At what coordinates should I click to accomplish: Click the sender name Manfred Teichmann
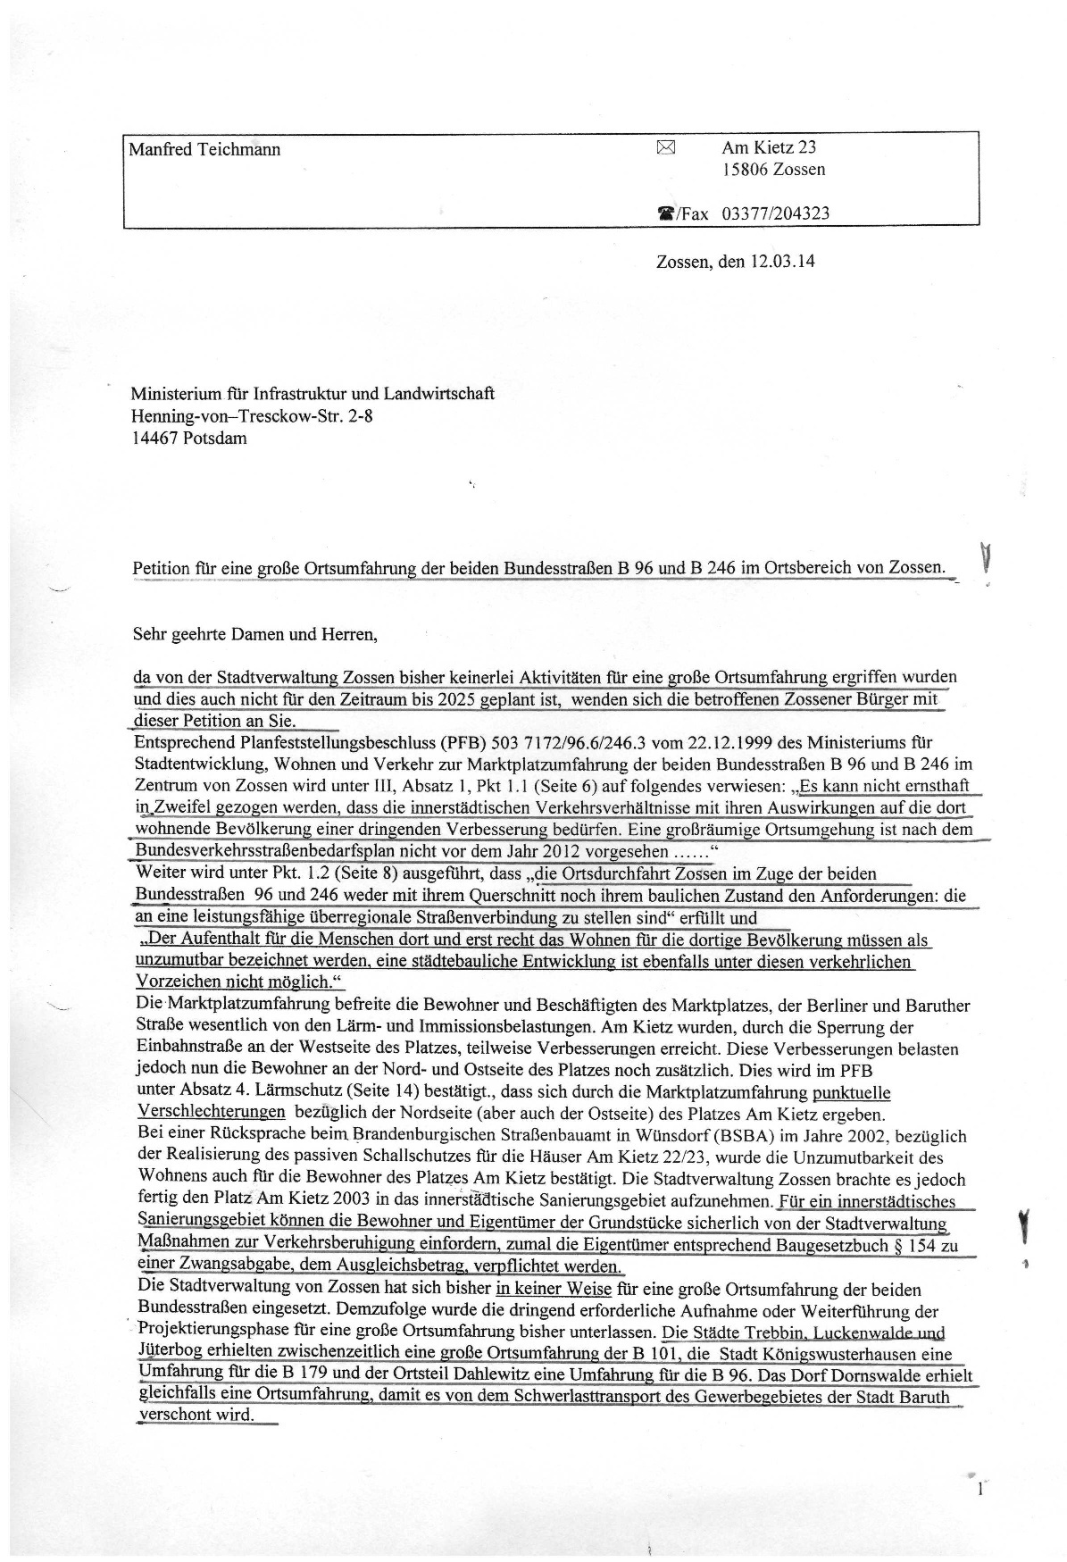[204, 149]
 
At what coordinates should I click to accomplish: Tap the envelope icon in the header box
[666, 147]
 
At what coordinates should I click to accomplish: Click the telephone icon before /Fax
[666, 214]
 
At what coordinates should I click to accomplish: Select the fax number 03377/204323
[775, 213]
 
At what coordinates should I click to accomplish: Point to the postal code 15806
[746, 170]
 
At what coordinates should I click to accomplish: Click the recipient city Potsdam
[215, 439]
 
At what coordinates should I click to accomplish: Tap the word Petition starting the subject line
[161, 568]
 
